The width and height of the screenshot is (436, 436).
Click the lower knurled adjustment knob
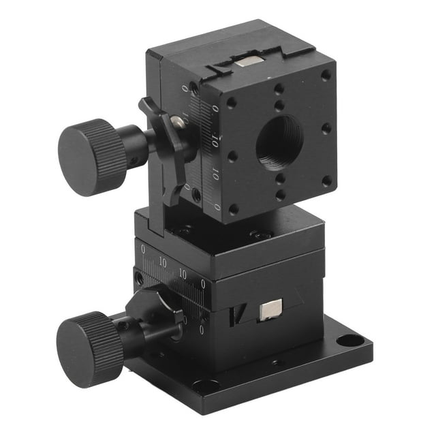coord(89,348)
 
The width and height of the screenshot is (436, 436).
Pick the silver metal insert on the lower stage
coord(269,310)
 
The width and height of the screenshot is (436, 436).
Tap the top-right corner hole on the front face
coord(326,74)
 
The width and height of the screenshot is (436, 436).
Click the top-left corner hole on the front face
coord(232,102)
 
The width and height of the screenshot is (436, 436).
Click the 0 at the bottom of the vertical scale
coord(217,207)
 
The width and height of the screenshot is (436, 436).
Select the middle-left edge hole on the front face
coord(232,155)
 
